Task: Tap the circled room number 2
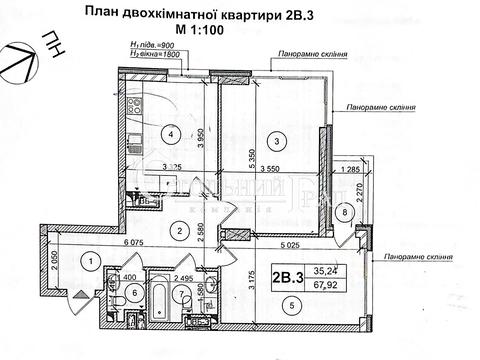(178, 231)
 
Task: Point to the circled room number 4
(173, 134)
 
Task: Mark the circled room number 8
(345, 212)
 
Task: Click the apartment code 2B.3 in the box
(286, 275)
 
